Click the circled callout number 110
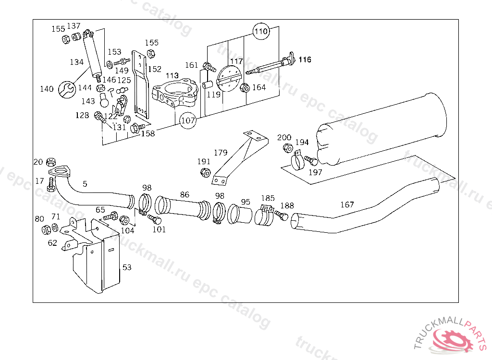pos(261,31)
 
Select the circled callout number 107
pos(188,120)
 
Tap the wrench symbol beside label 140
pos(67,90)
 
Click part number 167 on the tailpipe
pos(347,204)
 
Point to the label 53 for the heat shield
pos(127,267)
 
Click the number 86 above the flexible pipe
pos(185,194)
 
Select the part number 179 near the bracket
pos(221,153)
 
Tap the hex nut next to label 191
pos(205,172)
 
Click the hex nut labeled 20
pos(51,162)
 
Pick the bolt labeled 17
pos(51,184)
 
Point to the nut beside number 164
pos(245,88)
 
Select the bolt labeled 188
pos(282,216)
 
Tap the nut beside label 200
pos(288,148)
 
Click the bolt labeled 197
pos(311,160)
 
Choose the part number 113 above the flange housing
pos(172,75)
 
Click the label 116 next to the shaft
pos(305,60)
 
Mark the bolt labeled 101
pos(154,219)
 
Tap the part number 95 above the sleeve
pos(246,202)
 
